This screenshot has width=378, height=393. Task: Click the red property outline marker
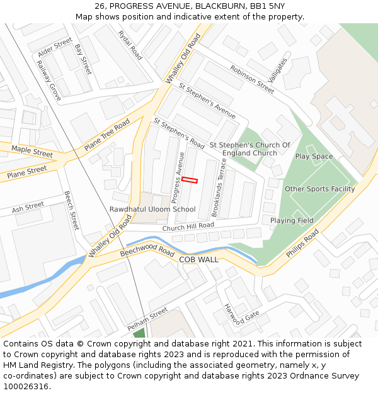(x=190, y=180)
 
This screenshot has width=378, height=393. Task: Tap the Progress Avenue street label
(x=178, y=177)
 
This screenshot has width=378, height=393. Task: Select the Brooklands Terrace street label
(x=219, y=187)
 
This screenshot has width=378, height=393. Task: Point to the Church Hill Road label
(x=188, y=226)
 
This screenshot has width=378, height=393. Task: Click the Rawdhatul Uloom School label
(x=152, y=209)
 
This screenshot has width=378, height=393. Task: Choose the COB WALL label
(x=198, y=259)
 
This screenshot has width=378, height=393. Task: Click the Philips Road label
(x=302, y=244)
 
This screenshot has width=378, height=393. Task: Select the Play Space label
(x=314, y=157)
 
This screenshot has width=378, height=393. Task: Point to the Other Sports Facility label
(x=319, y=189)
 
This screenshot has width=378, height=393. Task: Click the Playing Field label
(x=292, y=221)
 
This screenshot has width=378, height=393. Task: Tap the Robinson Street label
(x=252, y=79)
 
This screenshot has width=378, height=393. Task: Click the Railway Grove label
(x=49, y=80)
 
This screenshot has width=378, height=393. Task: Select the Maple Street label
(x=32, y=152)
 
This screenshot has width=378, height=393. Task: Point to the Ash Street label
(x=28, y=206)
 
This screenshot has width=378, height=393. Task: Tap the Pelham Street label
(x=147, y=319)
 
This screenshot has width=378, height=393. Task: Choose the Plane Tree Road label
(x=106, y=135)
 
